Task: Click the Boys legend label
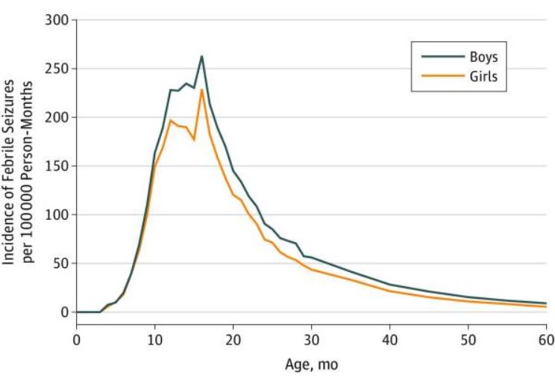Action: click(483, 57)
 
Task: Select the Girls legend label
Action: click(483, 76)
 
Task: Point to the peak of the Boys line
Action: click(201, 56)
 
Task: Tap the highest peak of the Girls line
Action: click(201, 90)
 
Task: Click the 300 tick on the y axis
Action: click(57, 20)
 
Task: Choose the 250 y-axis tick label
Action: click(57, 69)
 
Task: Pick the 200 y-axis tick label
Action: click(57, 117)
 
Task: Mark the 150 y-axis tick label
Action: click(57, 166)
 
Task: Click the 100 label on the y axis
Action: click(57, 215)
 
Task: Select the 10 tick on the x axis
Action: click(154, 340)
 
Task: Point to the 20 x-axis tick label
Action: click(233, 340)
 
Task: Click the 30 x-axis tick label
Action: click(312, 340)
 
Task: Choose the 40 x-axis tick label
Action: click(389, 340)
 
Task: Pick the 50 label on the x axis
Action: click(468, 340)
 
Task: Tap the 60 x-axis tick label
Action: click(547, 340)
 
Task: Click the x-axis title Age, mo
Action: click(312, 365)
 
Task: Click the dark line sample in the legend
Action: click(442, 56)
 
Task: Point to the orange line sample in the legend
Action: click(442, 76)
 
